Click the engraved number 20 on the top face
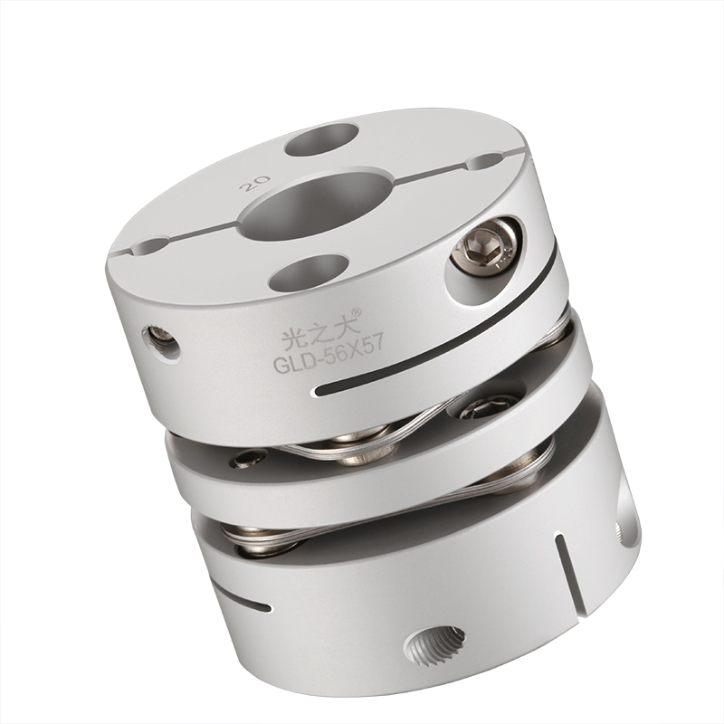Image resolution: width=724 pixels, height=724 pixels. coord(248,183)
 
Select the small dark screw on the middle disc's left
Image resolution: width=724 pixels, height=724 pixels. coord(241,461)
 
